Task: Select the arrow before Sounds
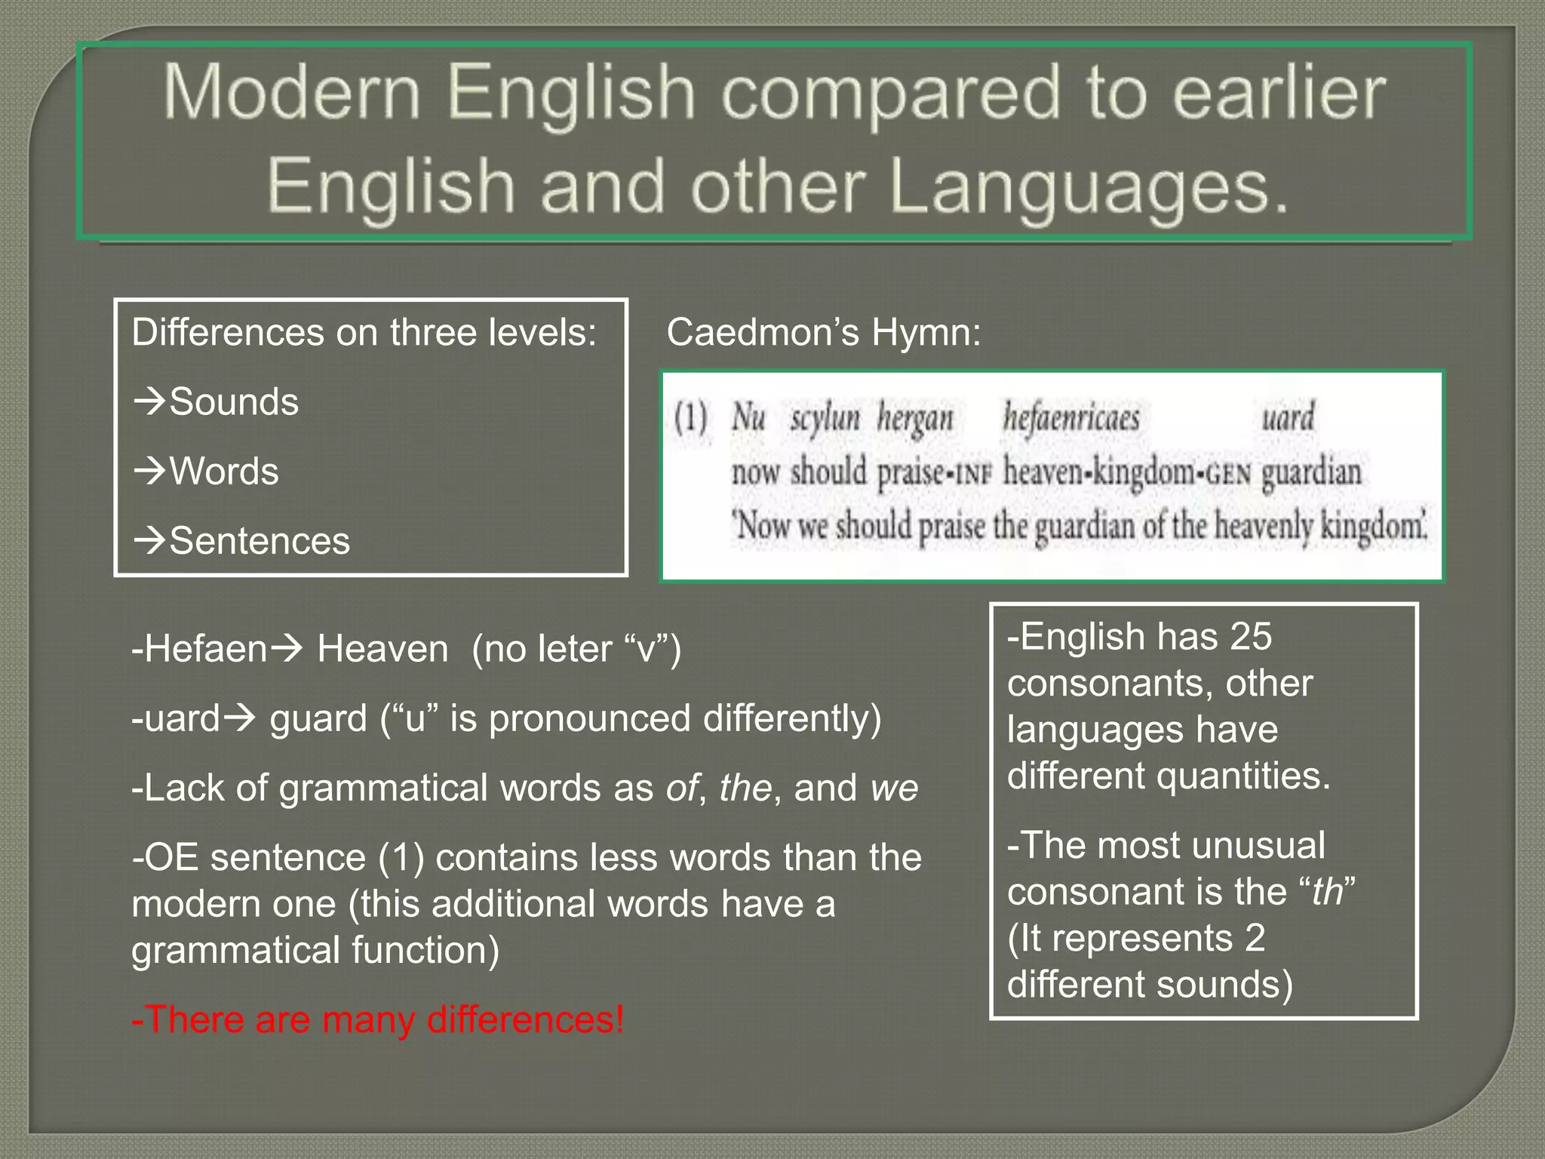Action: [x=149, y=401]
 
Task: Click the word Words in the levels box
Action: [x=224, y=472]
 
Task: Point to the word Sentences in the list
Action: [x=260, y=541]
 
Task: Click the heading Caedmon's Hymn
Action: [x=823, y=332]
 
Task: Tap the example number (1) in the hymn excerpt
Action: [x=690, y=417]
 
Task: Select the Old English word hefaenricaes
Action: [x=1070, y=417]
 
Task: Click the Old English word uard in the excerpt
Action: [x=1288, y=417]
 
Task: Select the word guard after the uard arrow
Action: [x=318, y=718]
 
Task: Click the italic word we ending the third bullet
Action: [x=894, y=789]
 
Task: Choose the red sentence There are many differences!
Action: [x=377, y=1019]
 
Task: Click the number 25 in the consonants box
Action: [x=1250, y=637]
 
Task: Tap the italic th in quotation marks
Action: [x=1328, y=892]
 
